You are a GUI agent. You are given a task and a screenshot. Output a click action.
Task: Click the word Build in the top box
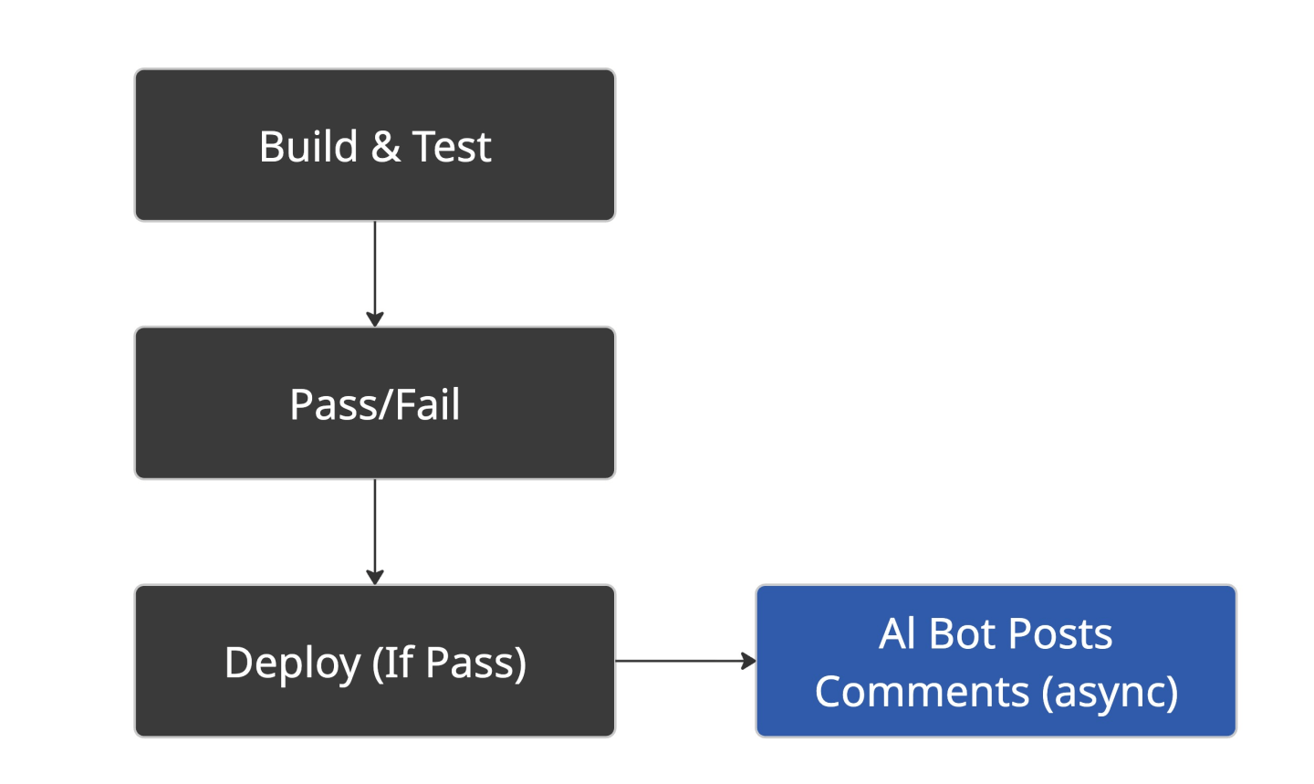click(308, 146)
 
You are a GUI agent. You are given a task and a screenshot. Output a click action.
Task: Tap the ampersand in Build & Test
click(385, 146)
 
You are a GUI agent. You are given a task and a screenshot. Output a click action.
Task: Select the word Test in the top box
click(451, 146)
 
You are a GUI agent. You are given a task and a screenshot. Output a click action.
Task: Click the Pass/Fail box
click(375, 403)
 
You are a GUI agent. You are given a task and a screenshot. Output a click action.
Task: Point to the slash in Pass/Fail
click(384, 404)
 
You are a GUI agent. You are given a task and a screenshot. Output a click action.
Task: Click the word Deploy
click(292, 664)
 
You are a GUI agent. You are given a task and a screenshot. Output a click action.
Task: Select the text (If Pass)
click(449, 664)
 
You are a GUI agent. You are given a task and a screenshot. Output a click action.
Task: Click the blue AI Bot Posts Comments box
click(996, 661)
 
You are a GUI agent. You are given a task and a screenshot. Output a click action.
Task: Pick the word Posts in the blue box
click(1060, 633)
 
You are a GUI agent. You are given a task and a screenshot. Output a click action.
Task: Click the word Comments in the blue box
click(923, 691)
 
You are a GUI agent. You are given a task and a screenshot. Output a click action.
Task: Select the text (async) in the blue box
click(1110, 693)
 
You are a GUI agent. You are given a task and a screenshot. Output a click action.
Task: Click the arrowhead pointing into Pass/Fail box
click(375, 319)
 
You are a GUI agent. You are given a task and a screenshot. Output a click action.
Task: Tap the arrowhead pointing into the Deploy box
click(375, 578)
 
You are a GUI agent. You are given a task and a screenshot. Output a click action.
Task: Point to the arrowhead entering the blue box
click(748, 661)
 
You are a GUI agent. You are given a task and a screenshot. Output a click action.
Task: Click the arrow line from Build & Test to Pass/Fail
click(375, 274)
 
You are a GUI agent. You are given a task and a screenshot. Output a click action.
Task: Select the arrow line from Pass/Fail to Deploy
click(375, 532)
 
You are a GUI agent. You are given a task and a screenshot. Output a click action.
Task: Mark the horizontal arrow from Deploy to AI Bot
click(686, 661)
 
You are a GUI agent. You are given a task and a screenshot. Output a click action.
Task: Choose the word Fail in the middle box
click(428, 404)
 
